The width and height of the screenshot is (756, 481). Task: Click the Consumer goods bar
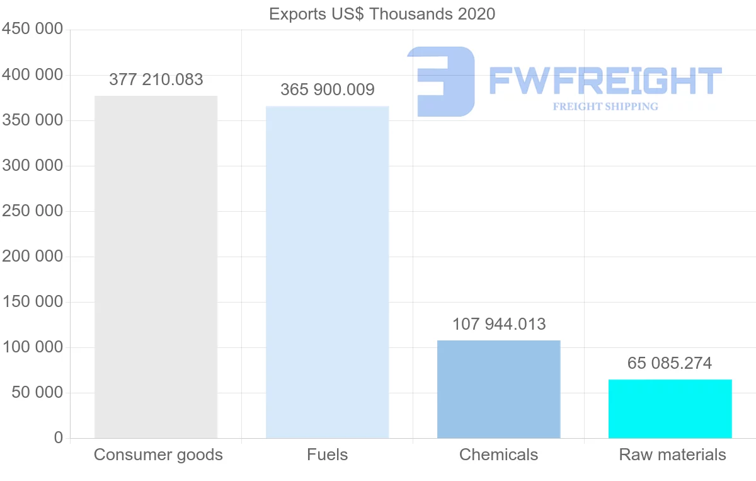(156, 267)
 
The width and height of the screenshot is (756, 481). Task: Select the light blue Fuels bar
(327, 272)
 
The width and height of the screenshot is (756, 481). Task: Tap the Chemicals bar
(498, 389)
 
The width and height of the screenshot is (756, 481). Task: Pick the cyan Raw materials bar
(670, 409)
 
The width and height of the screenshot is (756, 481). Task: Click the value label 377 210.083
(156, 79)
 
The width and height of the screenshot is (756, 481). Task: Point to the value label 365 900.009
(328, 90)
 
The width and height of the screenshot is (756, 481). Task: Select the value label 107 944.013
(499, 324)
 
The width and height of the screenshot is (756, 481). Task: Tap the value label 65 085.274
(670, 363)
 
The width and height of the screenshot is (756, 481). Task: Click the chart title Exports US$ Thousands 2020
(382, 14)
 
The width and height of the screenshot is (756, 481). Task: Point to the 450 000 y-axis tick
(33, 30)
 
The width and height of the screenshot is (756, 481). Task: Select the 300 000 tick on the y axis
(33, 166)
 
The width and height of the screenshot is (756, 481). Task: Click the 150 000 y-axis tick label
(33, 302)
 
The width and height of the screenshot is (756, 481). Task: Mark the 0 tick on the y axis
(59, 438)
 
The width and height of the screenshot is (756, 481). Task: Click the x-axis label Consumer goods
(158, 455)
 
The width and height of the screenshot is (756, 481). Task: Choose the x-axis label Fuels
(328, 455)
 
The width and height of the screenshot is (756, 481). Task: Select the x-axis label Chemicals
(499, 455)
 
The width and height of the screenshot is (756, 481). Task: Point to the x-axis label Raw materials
(673, 455)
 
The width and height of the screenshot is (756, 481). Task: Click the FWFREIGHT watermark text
(605, 81)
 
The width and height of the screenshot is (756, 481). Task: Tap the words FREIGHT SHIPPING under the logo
(605, 107)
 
